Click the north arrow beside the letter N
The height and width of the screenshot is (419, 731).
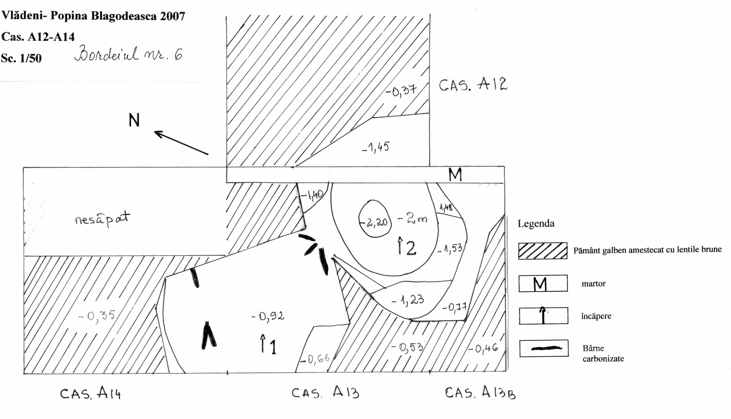click(x=181, y=143)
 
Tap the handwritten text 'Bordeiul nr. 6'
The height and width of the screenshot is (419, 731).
click(x=128, y=54)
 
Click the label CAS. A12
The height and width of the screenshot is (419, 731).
click(x=473, y=84)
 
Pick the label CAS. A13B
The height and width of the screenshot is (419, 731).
click(x=480, y=392)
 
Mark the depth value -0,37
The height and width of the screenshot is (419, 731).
click(x=401, y=91)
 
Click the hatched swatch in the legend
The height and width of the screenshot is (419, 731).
click(x=543, y=251)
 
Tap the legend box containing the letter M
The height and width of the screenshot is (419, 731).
click(x=543, y=283)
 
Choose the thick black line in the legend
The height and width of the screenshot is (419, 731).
click(x=546, y=348)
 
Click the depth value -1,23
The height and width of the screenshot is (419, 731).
click(x=408, y=301)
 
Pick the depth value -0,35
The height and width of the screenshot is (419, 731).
click(x=97, y=316)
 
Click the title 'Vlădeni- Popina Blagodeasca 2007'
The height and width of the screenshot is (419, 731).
click(x=93, y=16)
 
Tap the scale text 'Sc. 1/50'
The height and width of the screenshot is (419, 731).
click(x=21, y=58)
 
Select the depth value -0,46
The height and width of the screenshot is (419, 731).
click(x=483, y=349)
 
